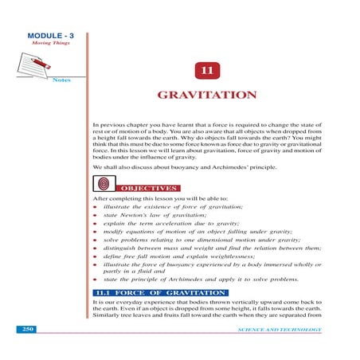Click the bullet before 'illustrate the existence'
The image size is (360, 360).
[x=96, y=207]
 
